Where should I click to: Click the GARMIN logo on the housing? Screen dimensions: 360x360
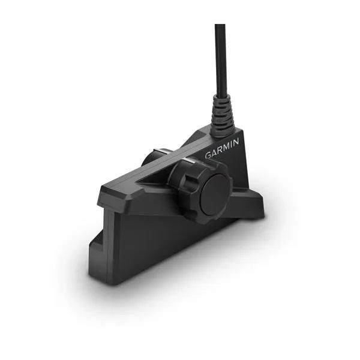(222, 148)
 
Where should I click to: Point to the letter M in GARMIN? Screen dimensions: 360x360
(227, 146)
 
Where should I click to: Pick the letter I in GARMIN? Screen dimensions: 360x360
(232, 144)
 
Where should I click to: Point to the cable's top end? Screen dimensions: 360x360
(220, 27)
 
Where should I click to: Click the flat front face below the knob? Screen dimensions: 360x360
(162, 240)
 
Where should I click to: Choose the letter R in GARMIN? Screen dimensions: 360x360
(220, 149)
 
